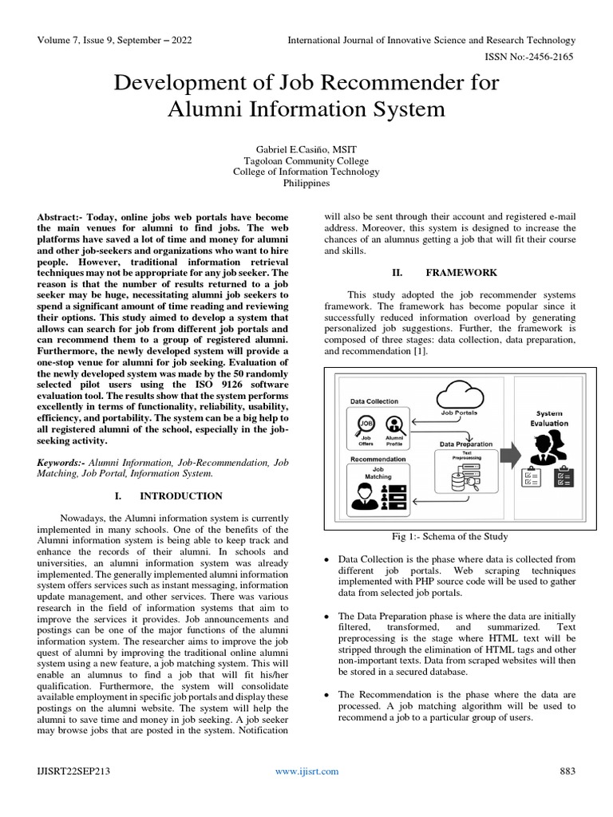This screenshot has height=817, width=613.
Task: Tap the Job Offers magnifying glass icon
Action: coord(367,425)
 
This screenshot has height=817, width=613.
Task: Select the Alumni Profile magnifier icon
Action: coord(393,425)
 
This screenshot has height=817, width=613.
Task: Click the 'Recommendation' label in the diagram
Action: coord(378,459)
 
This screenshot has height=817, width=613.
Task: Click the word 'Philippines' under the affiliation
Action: coord(306,183)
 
